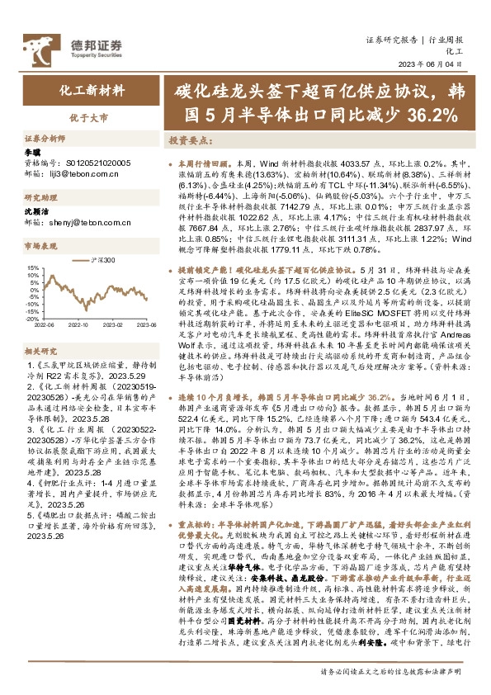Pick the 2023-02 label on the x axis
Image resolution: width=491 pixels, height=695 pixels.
click(x=113, y=325)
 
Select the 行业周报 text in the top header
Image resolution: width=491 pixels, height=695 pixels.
click(x=449, y=40)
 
